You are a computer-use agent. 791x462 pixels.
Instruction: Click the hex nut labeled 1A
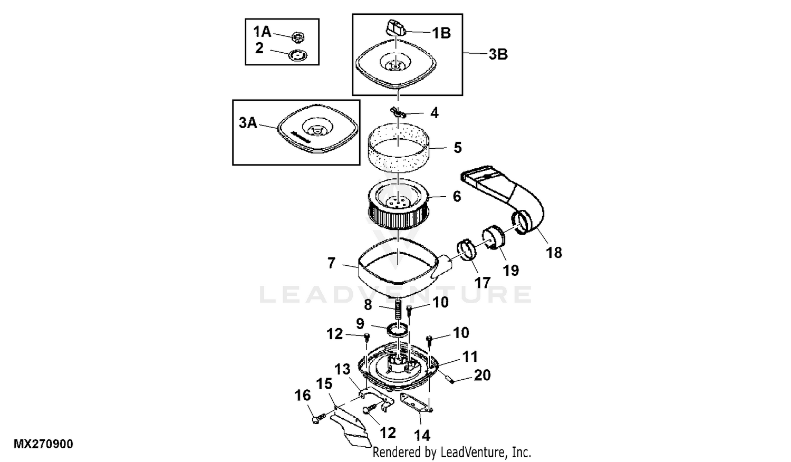click(x=298, y=37)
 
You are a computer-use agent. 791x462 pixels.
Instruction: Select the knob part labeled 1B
click(x=395, y=28)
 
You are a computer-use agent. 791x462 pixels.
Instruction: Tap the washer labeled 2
click(x=298, y=55)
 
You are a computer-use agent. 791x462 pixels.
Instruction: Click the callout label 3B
click(x=498, y=54)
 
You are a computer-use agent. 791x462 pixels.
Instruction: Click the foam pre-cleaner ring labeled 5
click(x=399, y=149)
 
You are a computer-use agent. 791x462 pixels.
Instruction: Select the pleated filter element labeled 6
click(x=399, y=207)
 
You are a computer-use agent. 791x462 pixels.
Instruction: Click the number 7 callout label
click(x=331, y=263)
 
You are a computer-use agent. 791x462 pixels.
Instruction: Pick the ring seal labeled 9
click(x=398, y=330)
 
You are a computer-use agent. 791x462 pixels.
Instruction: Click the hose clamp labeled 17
click(x=467, y=250)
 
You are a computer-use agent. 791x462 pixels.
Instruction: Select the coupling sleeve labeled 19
click(x=494, y=237)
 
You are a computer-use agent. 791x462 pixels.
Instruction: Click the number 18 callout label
click(x=554, y=253)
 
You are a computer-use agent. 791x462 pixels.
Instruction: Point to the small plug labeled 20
click(x=450, y=380)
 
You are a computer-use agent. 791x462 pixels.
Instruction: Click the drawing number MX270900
click(x=43, y=444)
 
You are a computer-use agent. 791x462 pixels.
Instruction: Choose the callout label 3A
click(x=247, y=123)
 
